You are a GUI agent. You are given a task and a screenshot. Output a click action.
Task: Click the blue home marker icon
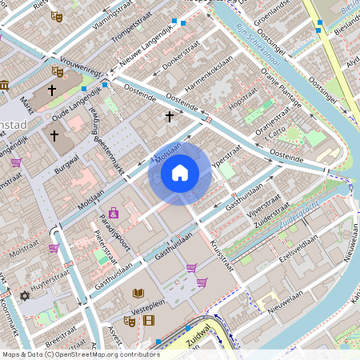(x=180, y=172)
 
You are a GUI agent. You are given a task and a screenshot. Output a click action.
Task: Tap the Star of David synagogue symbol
(x=24, y=296)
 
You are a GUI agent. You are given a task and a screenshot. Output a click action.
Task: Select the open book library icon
(x=138, y=294)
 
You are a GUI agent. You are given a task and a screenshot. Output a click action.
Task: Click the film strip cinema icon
(x=149, y=321)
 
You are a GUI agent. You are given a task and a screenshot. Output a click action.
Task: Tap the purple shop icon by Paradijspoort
(x=114, y=213)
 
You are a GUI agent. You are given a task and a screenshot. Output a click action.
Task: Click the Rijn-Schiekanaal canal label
(x=258, y=44)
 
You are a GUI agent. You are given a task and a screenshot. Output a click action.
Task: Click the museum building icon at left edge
(x=4, y=85)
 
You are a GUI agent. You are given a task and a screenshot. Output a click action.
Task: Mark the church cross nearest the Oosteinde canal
(x=169, y=117)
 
